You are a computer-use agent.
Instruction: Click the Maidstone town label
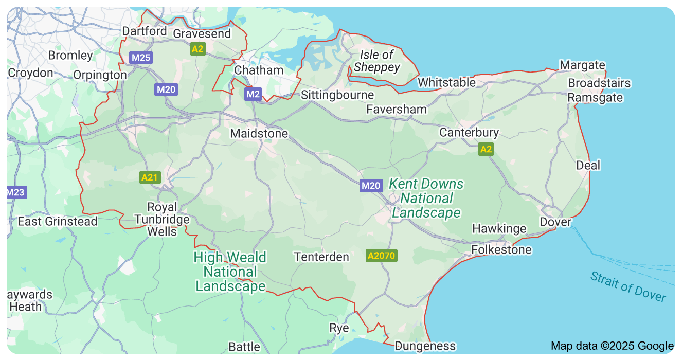click(259, 134)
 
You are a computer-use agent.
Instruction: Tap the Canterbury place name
click(469, 133)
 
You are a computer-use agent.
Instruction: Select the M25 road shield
click(140, 58)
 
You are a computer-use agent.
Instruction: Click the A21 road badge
click(150, 177)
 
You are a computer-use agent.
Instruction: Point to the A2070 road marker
click(382, 255)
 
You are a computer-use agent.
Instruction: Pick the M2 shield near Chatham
click(253, 94)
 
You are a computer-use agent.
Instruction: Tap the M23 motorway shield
click(15, 192)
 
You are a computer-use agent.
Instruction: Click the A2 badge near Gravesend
click(197, 49)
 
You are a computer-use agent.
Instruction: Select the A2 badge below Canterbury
click(485, 150)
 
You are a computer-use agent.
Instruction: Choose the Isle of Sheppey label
click(376, 61)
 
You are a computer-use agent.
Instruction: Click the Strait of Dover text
click(627, 286)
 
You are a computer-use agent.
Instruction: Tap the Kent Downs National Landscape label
click(426, 199)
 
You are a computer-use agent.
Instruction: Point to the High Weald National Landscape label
click(230, 272)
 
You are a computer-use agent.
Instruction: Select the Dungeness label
click(425, 346)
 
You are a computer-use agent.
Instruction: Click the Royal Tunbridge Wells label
click(162, 219)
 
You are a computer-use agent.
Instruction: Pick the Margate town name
click(582, 65)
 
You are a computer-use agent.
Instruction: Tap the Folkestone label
click(501, 250)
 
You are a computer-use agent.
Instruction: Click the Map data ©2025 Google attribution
click(612, 346)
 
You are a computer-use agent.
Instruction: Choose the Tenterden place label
click(321, 257)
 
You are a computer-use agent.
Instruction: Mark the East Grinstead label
click(57, 222)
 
